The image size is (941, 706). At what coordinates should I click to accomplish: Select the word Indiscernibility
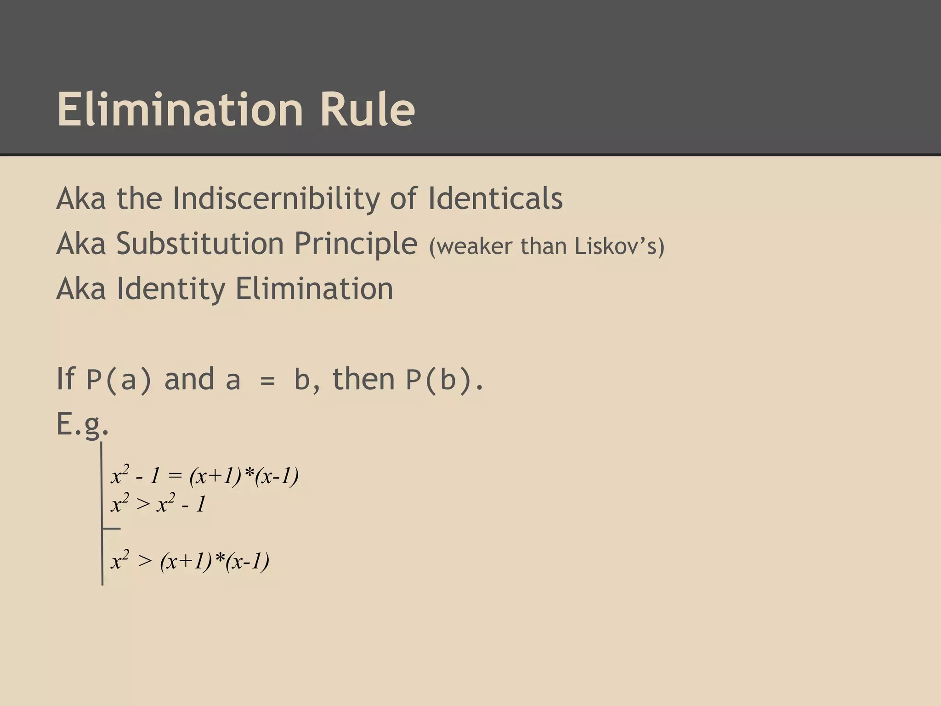tap(276, 199)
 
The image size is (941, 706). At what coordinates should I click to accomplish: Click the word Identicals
tap(495, 199)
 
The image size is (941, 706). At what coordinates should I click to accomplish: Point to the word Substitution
tap(200, 243)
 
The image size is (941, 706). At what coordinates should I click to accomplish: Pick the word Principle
tap(355, 244)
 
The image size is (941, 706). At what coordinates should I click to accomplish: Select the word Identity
tap(171, 289)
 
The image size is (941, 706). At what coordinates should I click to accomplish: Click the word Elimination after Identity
tap(314, 288)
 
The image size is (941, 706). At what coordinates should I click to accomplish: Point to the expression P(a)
tap(119, 380)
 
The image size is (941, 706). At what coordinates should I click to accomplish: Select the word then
tap(363, 379)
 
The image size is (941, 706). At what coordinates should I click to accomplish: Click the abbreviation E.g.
tap(83, 424)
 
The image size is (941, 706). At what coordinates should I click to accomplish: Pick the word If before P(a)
tap(65, 379)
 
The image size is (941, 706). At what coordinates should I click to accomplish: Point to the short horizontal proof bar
tap(111, 529)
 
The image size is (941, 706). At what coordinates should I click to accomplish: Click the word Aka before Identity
tap(81, 289)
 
